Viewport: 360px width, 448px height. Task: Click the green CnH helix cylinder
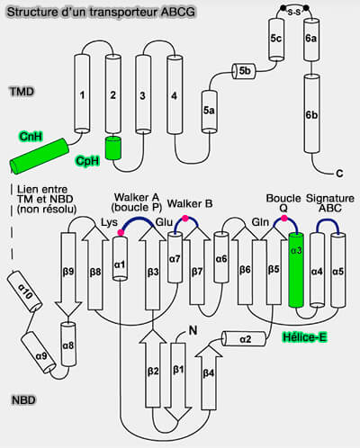(x=40, y=157)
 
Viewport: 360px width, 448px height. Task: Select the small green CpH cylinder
(x=113, y=148)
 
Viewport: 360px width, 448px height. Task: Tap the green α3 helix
(x=296, y=270)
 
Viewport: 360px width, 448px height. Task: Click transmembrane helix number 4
(x=175, y=94)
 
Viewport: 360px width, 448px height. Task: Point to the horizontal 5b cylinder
(x=244, y=71)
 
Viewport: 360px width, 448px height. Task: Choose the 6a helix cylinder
(x=311, y=40)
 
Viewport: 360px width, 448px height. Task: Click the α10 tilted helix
(x=24, y=291)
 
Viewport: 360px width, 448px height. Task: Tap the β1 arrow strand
(x=178, y=381)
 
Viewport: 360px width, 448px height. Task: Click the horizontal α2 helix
(x=244, y=339)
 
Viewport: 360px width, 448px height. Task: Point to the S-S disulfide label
(x=294, y=13)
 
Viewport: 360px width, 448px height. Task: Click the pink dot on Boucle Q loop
(x=283, y=218)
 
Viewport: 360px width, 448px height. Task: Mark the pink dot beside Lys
(x=121, y=232)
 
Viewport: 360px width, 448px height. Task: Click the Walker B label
(x=190, y=203)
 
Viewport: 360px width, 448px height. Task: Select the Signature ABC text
(x=330, y=203)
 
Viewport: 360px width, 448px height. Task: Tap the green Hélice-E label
(x=304, y=337)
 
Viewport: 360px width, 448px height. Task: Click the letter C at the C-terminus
(x=339, y=174)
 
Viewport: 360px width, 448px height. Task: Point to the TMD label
(x=22, y=92)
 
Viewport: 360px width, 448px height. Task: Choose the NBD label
(x=23, y=400)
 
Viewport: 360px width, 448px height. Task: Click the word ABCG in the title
(x=178, y=13)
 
